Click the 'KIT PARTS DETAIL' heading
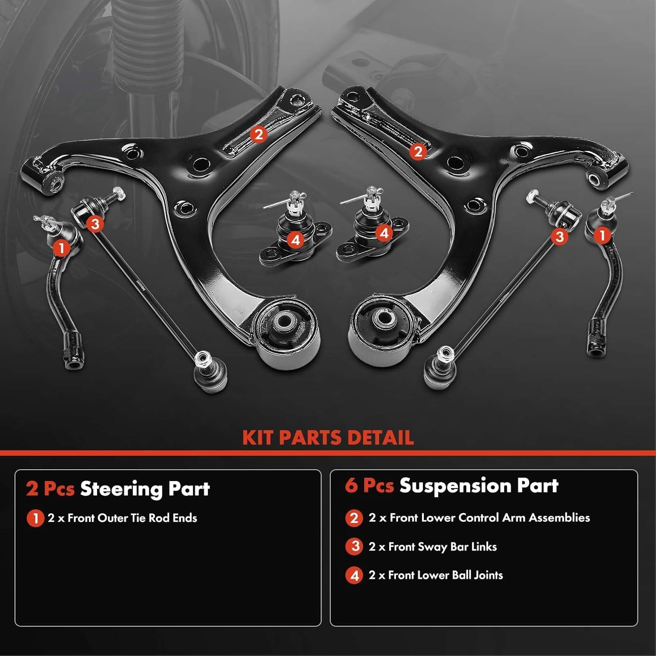328,438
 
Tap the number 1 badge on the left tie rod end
61,248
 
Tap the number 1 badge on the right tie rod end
602,235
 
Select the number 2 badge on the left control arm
258,134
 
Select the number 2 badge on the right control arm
418,151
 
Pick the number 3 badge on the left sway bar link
95,224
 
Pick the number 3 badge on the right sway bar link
559,237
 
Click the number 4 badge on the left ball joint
296,240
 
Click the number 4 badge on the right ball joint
384,233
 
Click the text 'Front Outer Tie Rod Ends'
132,518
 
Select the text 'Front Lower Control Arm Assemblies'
490,518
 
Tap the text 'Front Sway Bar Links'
443,547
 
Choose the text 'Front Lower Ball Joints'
445,575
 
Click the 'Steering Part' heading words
145,489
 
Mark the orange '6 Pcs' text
369,486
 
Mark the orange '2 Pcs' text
50,489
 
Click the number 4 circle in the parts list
354,576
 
